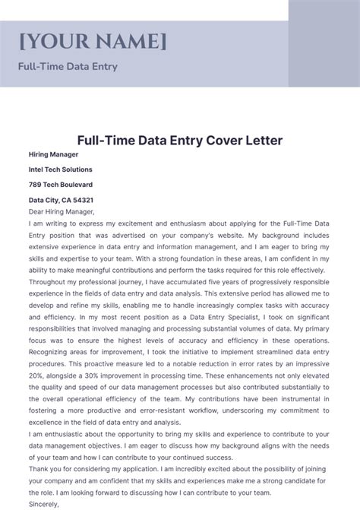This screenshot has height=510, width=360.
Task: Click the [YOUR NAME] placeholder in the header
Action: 93,40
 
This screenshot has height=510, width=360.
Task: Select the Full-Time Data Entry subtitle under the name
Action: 68,66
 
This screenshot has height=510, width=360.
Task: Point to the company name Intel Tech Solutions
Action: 61,169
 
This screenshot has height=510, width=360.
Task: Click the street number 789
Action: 36,185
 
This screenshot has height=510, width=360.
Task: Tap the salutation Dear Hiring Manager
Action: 62,212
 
